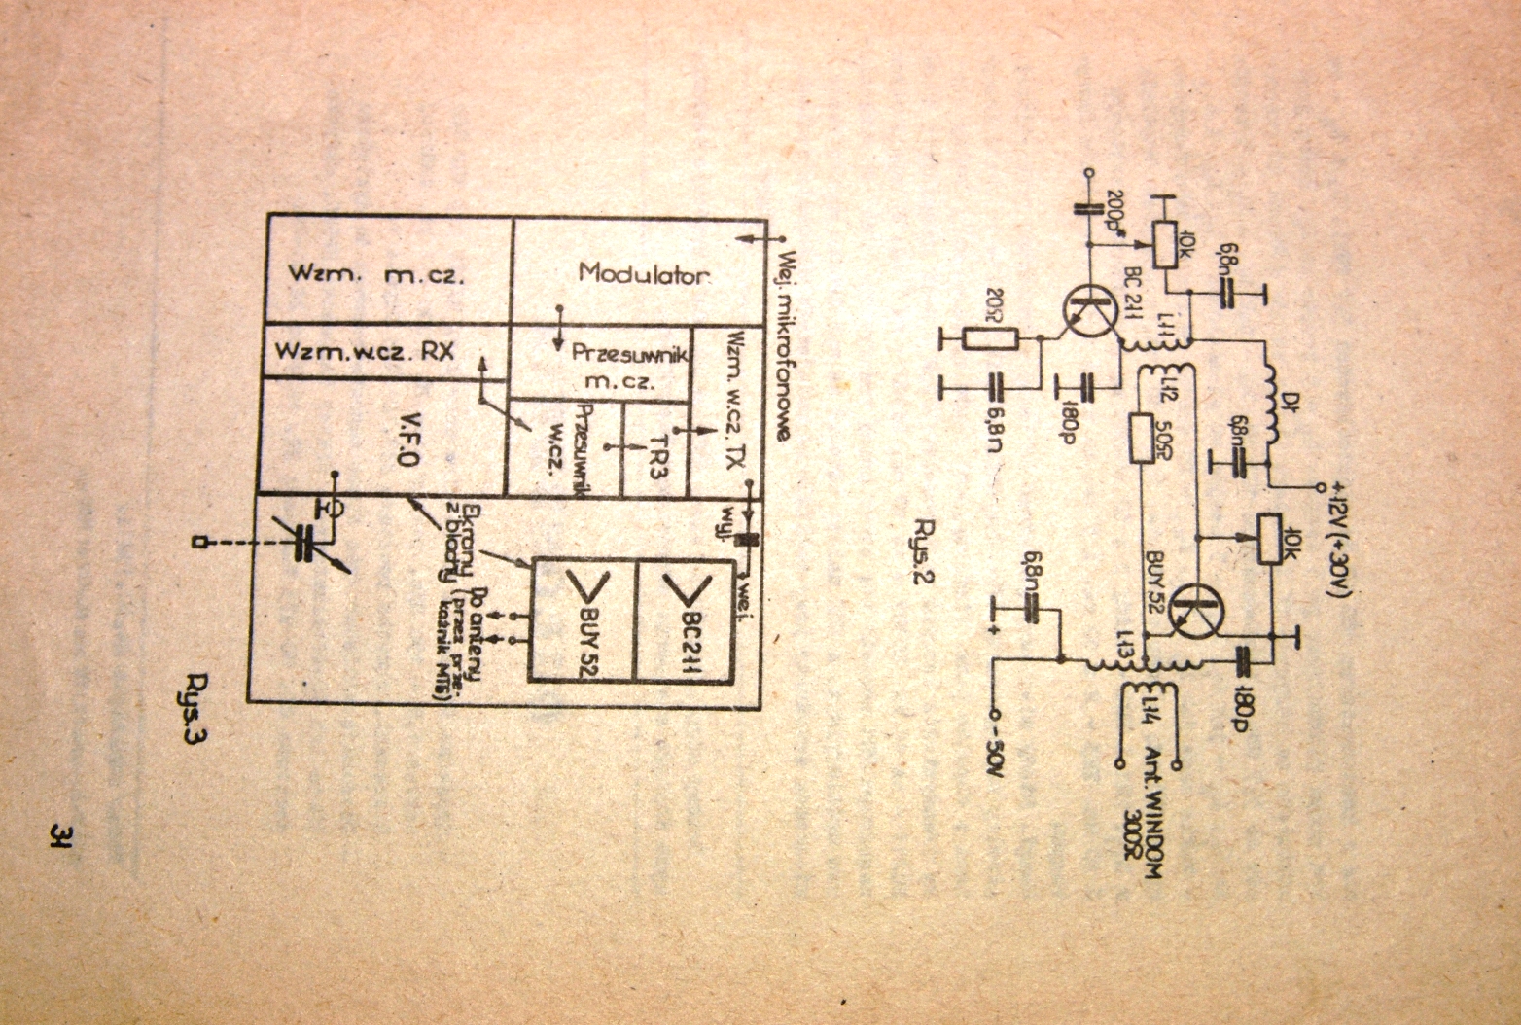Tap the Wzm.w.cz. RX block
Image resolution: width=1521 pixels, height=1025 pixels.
click(x=365, y=351)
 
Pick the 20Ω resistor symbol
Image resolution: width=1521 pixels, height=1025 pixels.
click(x=989, y=338)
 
